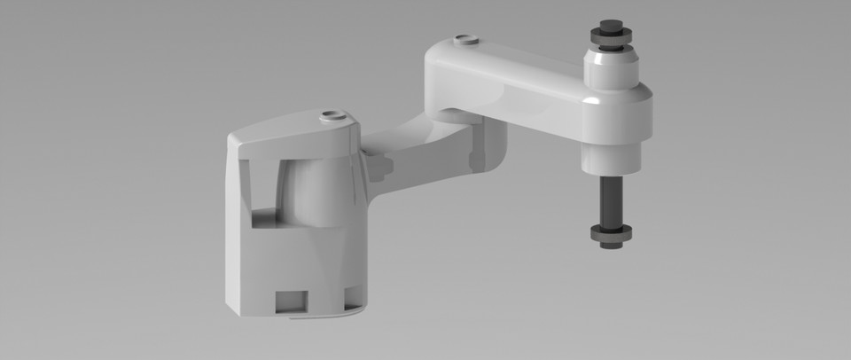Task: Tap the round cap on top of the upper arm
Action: coord(464,40)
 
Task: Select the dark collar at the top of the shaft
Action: coord(611,37)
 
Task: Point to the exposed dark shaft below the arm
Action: coord(611,200)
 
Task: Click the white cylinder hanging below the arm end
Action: coord(611,155)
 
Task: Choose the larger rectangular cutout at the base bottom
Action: coord(293,301)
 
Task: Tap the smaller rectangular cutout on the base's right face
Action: coord(352,296)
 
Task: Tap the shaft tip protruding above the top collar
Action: coord(611,24)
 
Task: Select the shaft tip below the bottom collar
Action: coord(611,245)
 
